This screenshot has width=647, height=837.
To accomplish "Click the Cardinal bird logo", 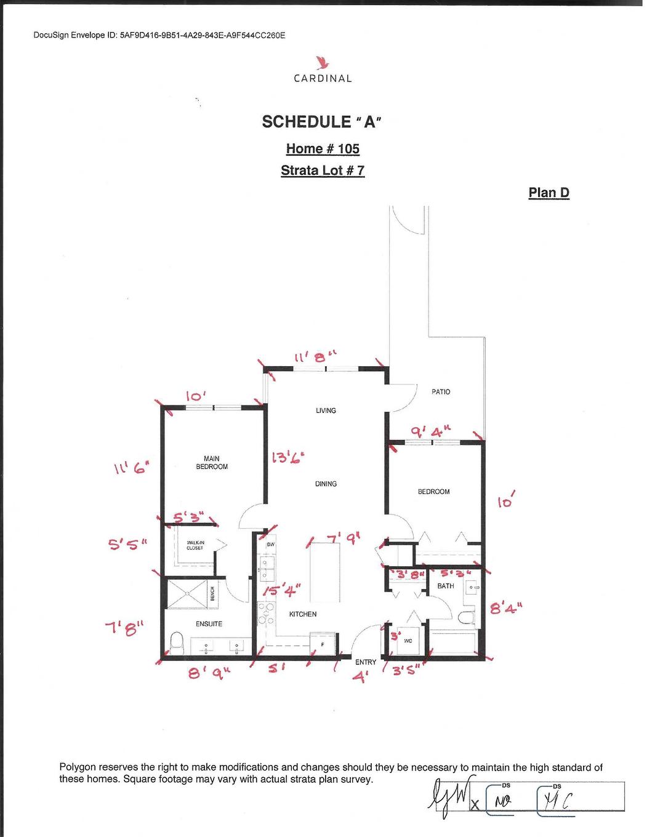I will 322,63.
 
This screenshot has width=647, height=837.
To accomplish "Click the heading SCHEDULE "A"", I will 322,122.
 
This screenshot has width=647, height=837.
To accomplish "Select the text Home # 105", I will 323,149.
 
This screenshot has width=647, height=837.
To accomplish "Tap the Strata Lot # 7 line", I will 323,170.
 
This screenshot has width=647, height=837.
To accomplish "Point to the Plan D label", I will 549,193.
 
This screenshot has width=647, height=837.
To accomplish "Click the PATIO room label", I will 441,391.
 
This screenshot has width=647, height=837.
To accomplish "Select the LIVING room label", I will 326,410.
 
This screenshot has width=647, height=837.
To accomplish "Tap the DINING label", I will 326,484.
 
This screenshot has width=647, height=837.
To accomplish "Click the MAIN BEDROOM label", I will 212,463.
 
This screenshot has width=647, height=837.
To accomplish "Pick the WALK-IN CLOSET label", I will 195,545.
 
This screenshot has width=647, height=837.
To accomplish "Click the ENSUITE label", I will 209,624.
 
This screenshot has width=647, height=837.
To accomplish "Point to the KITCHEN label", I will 303,614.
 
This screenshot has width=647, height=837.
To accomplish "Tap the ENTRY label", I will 366,662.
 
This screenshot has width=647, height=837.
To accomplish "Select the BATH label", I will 446,586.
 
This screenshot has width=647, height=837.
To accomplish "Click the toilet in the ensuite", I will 177,644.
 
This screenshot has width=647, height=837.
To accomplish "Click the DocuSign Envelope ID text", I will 159,35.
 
